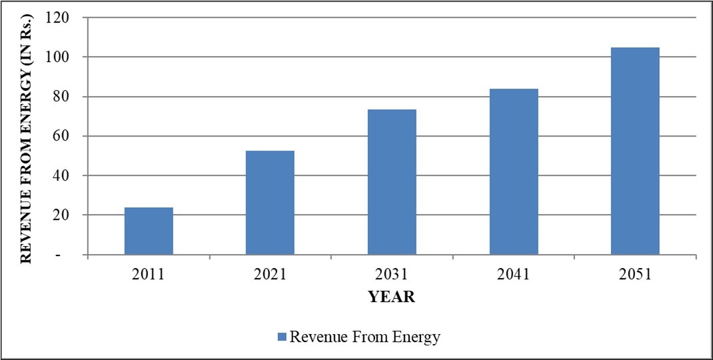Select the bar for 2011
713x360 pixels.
(x=149, y=231)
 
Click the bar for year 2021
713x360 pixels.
(x=270, y=203)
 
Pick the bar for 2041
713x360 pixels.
(x=514, y=171)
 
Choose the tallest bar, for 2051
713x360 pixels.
(x=635, y=151)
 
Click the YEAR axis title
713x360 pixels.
(x=392, y=297)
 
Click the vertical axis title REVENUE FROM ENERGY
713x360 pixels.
(x=26, y=137)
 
